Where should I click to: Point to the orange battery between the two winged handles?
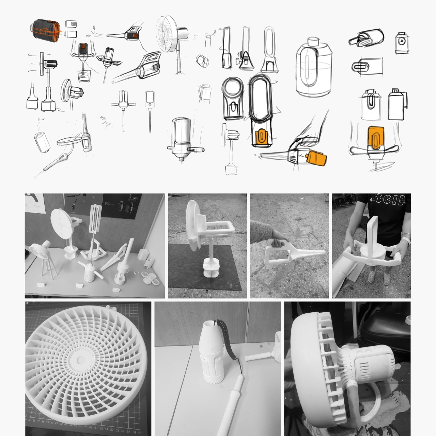pos(376,138)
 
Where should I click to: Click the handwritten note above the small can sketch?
pos(41,120)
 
